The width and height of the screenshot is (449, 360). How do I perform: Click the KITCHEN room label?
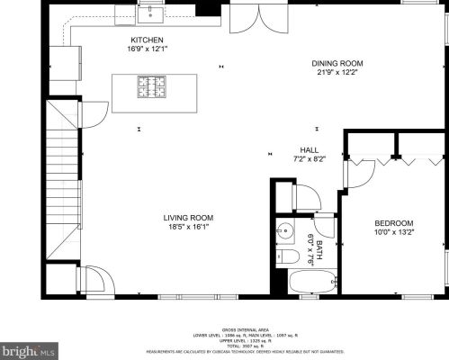click(147, 40)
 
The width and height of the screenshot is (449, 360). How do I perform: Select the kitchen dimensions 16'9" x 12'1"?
click(147, 49)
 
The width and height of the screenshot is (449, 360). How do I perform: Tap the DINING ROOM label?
click(337, 63)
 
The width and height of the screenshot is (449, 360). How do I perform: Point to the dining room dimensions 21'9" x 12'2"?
click(337, 72)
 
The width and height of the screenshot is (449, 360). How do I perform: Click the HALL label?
click(309, 149)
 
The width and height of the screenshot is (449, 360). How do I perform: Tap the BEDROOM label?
click(394, 223)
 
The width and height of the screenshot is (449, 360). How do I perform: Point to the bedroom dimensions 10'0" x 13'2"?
click(394, 232)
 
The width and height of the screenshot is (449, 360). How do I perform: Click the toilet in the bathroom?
click(287, 258)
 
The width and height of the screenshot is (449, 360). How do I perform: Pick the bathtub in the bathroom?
click(311, 281)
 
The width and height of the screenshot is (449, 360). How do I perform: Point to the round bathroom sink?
click(285, 230)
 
